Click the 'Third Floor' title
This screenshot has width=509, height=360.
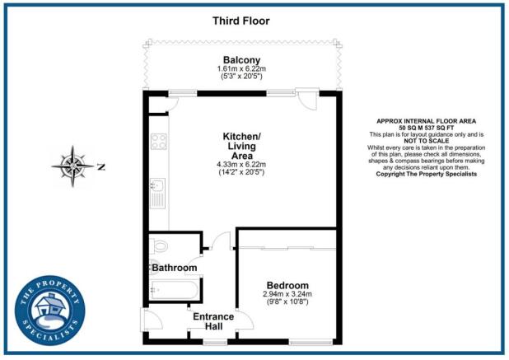coord(241,20)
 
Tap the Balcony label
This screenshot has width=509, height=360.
coord(242,59)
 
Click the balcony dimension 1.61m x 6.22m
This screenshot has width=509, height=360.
coord(242,68)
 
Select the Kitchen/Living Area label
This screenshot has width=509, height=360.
coord(242,145)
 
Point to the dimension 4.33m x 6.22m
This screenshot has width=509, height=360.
coord(242,165)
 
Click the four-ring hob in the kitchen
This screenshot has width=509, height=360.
coord(158,141)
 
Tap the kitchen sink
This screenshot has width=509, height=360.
coord(157,196)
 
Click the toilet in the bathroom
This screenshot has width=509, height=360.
coord(161,245)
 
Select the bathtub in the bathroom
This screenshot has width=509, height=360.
coord(173,290)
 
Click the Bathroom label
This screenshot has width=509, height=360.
coord(174,268)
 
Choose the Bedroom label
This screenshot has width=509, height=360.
coord(287,284)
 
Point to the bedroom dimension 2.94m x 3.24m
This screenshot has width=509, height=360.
coord(287,294)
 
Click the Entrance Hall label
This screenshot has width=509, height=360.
coord(213,321)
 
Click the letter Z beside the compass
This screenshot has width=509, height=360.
coord(101,166)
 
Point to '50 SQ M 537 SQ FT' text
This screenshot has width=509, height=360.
coord(425,128)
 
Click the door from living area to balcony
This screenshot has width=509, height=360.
coord(306,100)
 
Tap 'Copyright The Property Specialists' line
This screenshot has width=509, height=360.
coord(425,174)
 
